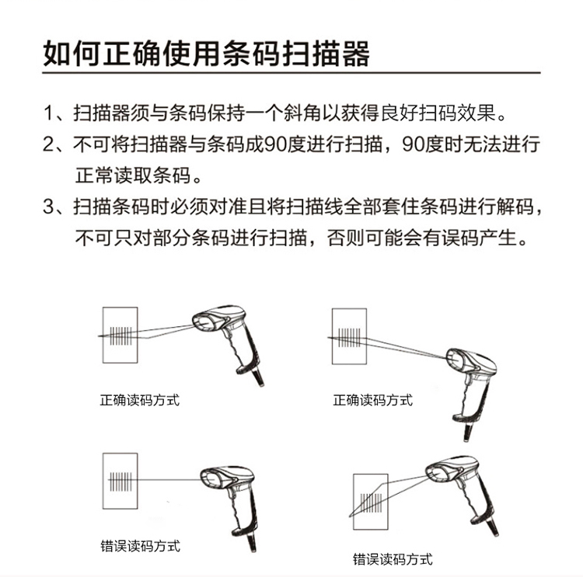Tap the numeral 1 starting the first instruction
point(50,113)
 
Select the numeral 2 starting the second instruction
point(50,144)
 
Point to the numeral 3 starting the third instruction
point(50,207)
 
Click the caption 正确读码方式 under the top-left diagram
point(140,400)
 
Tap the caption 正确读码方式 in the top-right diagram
point(373,400)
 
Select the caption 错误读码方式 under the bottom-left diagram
point(140,546)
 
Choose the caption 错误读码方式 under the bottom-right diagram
point(393,559)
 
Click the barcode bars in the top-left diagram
point(121,335)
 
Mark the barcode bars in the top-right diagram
point(349,337)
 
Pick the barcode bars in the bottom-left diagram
point(120,481)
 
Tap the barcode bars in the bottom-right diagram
point(371,502)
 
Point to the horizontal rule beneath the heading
point(291,73)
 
